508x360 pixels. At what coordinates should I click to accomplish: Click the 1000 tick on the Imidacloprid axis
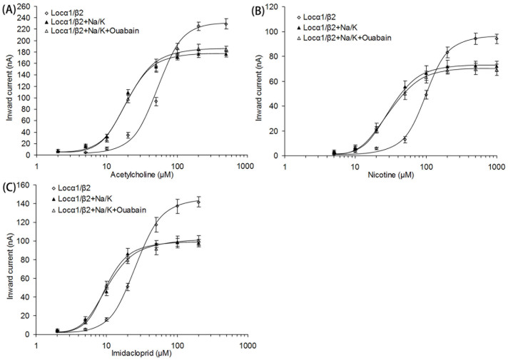(x=247, y=344)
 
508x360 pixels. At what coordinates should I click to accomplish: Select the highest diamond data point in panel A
(x=226, y=24)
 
